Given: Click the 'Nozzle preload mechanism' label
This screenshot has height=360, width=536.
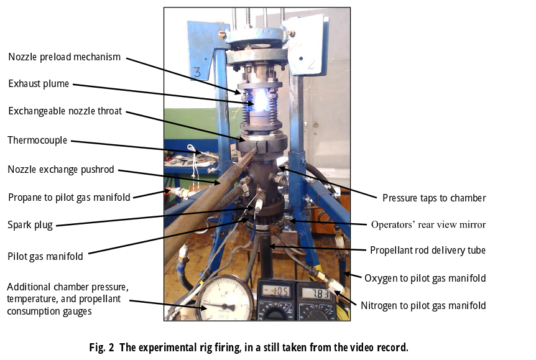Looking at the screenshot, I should point(64,57).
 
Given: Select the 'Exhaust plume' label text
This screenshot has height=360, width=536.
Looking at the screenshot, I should point(39,84).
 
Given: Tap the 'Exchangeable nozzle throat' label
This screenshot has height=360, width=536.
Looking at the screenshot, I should point(65,111).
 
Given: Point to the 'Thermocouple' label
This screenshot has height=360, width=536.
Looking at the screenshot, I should point(37,141).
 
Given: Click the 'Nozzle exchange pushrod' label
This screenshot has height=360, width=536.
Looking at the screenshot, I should point(61,169).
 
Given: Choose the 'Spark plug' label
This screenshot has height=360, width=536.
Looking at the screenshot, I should point(30,224).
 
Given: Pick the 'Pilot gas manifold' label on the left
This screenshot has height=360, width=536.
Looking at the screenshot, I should point(46,256).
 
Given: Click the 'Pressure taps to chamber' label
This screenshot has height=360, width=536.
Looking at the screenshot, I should point(434,198).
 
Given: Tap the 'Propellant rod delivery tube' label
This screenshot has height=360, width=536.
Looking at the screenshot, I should point(428,251).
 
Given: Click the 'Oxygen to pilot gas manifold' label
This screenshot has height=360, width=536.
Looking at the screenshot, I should point(425,278).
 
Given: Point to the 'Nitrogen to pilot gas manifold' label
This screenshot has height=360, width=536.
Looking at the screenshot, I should point(423,305).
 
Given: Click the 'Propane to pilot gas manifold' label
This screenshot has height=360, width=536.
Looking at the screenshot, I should point(69,198).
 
